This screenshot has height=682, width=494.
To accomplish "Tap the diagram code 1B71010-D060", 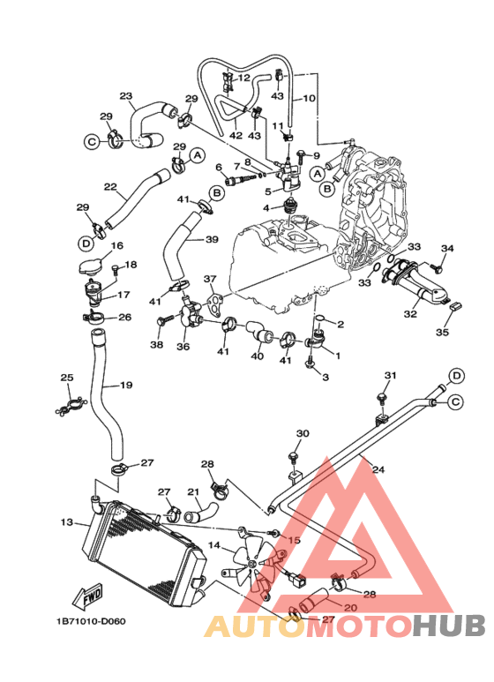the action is point(91,621).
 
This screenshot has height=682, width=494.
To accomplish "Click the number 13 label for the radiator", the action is point(66,521).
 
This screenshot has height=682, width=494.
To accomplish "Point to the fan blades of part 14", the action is point(252,563).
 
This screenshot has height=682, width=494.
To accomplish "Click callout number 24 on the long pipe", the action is point(378,469).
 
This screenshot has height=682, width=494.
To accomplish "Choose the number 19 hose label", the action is point(126,385).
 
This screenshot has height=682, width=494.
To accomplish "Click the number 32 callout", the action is point(410,313).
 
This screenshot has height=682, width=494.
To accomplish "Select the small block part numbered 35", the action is point(455,306).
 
